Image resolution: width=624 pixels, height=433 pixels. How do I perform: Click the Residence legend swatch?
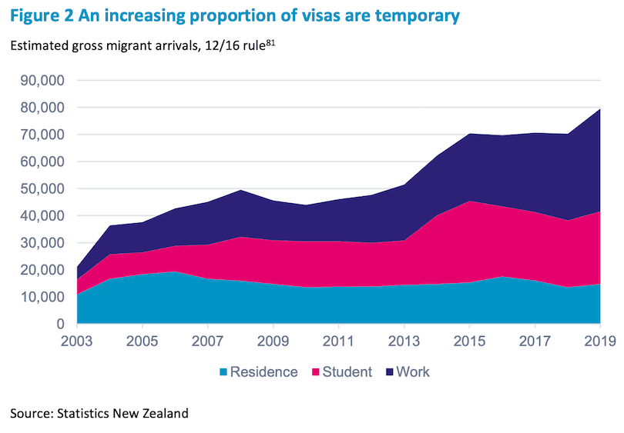tap(224, 372)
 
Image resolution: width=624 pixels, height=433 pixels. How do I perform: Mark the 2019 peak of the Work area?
tap(599, 108)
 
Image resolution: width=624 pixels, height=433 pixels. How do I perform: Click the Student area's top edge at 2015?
tap(470, 202)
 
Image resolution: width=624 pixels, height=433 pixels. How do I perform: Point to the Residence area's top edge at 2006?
tap(176, 271)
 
